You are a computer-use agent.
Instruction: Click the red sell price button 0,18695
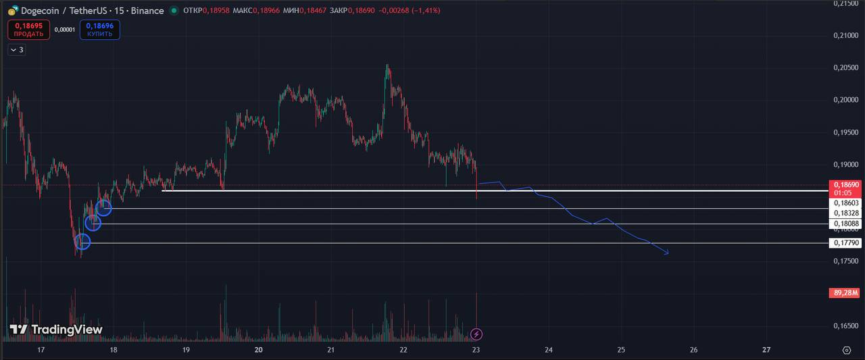(28, 30)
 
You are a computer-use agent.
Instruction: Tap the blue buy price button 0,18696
(100, 30)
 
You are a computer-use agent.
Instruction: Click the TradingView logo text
(56, 330)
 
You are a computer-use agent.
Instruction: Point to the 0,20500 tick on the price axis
(846, 68)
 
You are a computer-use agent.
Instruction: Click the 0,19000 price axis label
(846, 164)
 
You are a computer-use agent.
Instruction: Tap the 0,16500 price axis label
(846, 326)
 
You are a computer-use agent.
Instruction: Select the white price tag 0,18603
(845, 203)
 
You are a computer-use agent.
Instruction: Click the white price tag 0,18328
(845, 213)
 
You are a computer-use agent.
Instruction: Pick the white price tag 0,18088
(845, 224)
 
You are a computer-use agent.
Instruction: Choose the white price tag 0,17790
(845, 243)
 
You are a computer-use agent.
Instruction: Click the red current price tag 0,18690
(845, 184)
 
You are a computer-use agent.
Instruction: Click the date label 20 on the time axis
(259, 350)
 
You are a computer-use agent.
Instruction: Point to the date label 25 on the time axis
(621, 350)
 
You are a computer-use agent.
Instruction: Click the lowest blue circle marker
(82, 241)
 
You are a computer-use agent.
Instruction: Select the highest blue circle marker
(104, 208)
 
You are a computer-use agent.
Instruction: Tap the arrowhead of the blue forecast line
(667, 253)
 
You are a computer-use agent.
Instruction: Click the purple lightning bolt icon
(476, 334)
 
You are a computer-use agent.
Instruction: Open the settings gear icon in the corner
(847, 350)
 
